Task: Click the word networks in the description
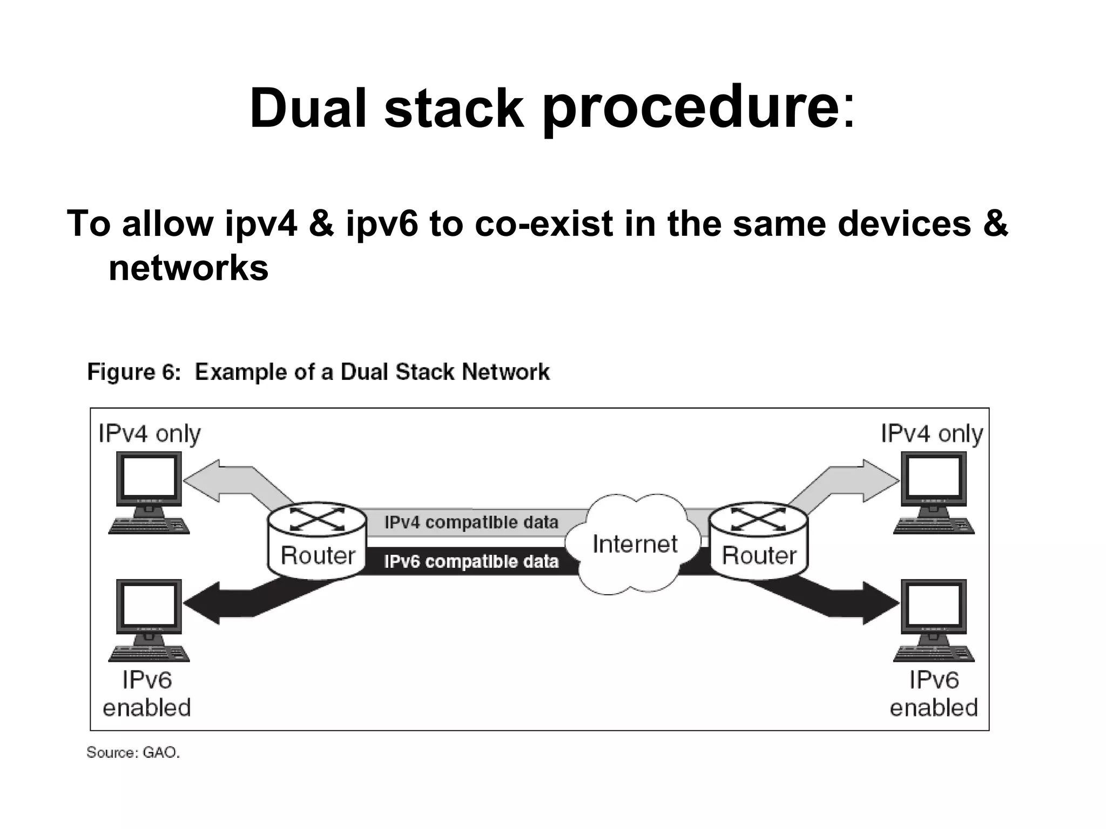tap(188, 268)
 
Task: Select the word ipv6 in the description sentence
tap(381, 223)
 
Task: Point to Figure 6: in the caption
tap(134, 372)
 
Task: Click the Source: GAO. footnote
tap(133, 752)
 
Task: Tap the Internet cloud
tap(634, 543)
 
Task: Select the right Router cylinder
tap(759, 541)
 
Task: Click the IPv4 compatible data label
tap(471, 522)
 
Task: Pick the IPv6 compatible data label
tap(471, 562)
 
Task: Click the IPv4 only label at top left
tap(149, 434)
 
